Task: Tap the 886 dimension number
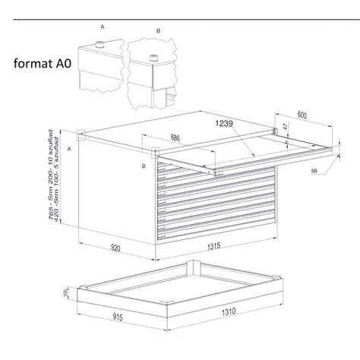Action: coord(176,138)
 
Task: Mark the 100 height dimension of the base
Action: coord(66,293)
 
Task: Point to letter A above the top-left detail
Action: coord(102,27)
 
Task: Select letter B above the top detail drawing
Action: coord(158,31)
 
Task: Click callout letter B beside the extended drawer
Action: coord(142,165)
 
